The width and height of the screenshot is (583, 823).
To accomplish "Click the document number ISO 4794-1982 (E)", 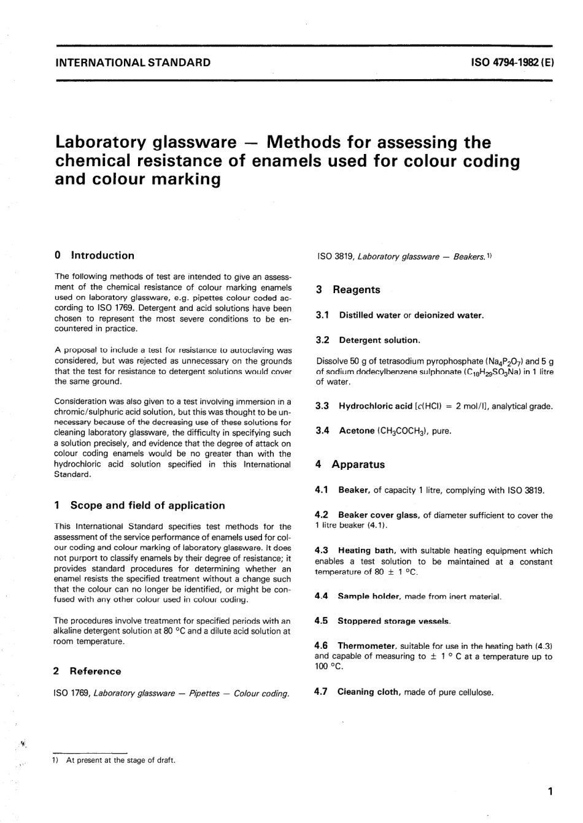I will pyautogui.click(x=512, y=63).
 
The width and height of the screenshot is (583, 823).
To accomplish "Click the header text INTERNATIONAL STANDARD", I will pyautogui.click(x=133, y=63).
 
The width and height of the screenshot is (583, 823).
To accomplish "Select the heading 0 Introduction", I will pyautogui.click(x=95, y=256).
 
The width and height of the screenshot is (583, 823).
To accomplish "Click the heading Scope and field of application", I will pyautogui.click(x=147, y=506).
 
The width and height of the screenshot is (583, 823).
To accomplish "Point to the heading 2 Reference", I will pyautogui.click(x=88, y=672).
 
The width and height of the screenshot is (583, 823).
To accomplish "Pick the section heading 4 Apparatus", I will pyautogui.click(x=350, y=465).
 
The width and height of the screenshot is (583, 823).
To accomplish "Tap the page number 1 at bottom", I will pyautogui.click(x=550, y=792).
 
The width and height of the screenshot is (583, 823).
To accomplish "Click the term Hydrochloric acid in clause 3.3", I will pyautogui.click(x=376, y=406).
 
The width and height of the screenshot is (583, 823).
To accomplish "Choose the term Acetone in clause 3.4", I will pyautogui.click(x=357, y=431).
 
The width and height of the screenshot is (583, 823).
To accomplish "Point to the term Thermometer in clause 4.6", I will pyautogui.click(x=366, y=646).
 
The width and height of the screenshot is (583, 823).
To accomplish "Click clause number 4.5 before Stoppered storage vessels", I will pyautogui.click(x=322, y=621).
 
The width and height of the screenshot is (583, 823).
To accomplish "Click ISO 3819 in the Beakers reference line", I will pyautogui.click(x=333, y=257).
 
